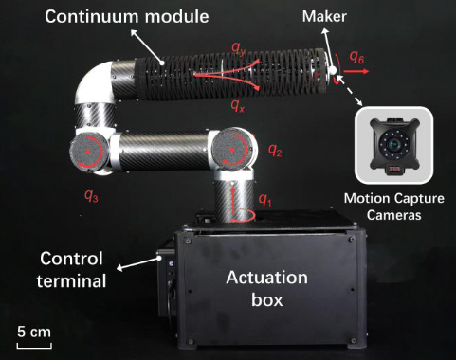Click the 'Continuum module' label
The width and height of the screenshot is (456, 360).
click(x=127, y=16)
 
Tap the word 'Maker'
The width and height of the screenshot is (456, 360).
click(x=324, y=16)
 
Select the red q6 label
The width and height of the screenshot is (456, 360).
click(x=356, y=57)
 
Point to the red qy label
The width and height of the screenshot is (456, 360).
click(x=239, y=48)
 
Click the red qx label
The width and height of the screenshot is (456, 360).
click(x=238, y=105)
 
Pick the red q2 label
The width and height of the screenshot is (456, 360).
click(x=275, y=150)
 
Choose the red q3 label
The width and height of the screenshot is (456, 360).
click(x=91, y=196)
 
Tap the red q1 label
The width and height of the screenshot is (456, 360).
click(x=264, y=200)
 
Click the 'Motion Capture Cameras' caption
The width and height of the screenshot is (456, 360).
click(x=393, y=207)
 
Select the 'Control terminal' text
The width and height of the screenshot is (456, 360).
click(x=71, y=269)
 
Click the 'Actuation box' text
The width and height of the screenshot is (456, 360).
click(x=267, y=288)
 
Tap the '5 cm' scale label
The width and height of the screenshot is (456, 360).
click(x=34, y=332)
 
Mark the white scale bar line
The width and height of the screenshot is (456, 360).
click(x=34, y=348)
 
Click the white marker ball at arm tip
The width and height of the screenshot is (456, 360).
click(x=332, y=70)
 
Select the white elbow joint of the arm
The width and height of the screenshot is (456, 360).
click(x=94, y=82)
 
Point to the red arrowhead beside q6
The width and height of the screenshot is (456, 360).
click(x=365, y=71)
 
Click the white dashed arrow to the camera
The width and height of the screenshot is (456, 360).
click(x=350, y=90)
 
